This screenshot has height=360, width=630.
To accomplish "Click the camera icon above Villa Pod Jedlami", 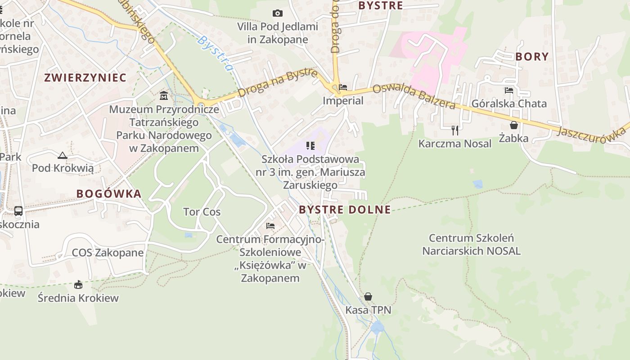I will [x=278, y=13].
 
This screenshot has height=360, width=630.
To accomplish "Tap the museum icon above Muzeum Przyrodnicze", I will [x=164, y=96].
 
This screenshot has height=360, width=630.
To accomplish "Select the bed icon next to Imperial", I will [x=343, y=87].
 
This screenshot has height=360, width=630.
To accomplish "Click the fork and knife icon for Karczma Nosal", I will [x=455, y=130].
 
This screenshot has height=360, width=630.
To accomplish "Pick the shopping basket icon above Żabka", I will [x=513, y=125].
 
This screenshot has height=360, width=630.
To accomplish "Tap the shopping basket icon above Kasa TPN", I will [x=368, y=297].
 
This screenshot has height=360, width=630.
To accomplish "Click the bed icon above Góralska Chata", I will [x=509, y=90].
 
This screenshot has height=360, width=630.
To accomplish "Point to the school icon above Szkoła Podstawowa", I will [x=310, y=145].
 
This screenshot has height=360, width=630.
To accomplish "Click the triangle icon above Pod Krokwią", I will [x=63, y=156].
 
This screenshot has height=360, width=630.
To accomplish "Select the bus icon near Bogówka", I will [x=18, y=211].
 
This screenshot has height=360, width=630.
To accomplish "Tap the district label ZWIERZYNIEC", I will [x=85, y=77].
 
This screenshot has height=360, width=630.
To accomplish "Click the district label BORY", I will [x=532, y=57].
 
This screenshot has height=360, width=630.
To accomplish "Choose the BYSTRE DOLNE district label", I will [x=345, y=210].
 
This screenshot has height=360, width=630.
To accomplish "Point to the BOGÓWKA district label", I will [x=108, y=194].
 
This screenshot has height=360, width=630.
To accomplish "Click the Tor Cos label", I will [x=202, y=212].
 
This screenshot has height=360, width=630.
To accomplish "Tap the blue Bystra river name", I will [x=216, y=54].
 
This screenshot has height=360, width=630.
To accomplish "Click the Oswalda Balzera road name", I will [x=414, y=96].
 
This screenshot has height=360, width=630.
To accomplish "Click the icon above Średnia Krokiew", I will [x=78, y=284].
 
